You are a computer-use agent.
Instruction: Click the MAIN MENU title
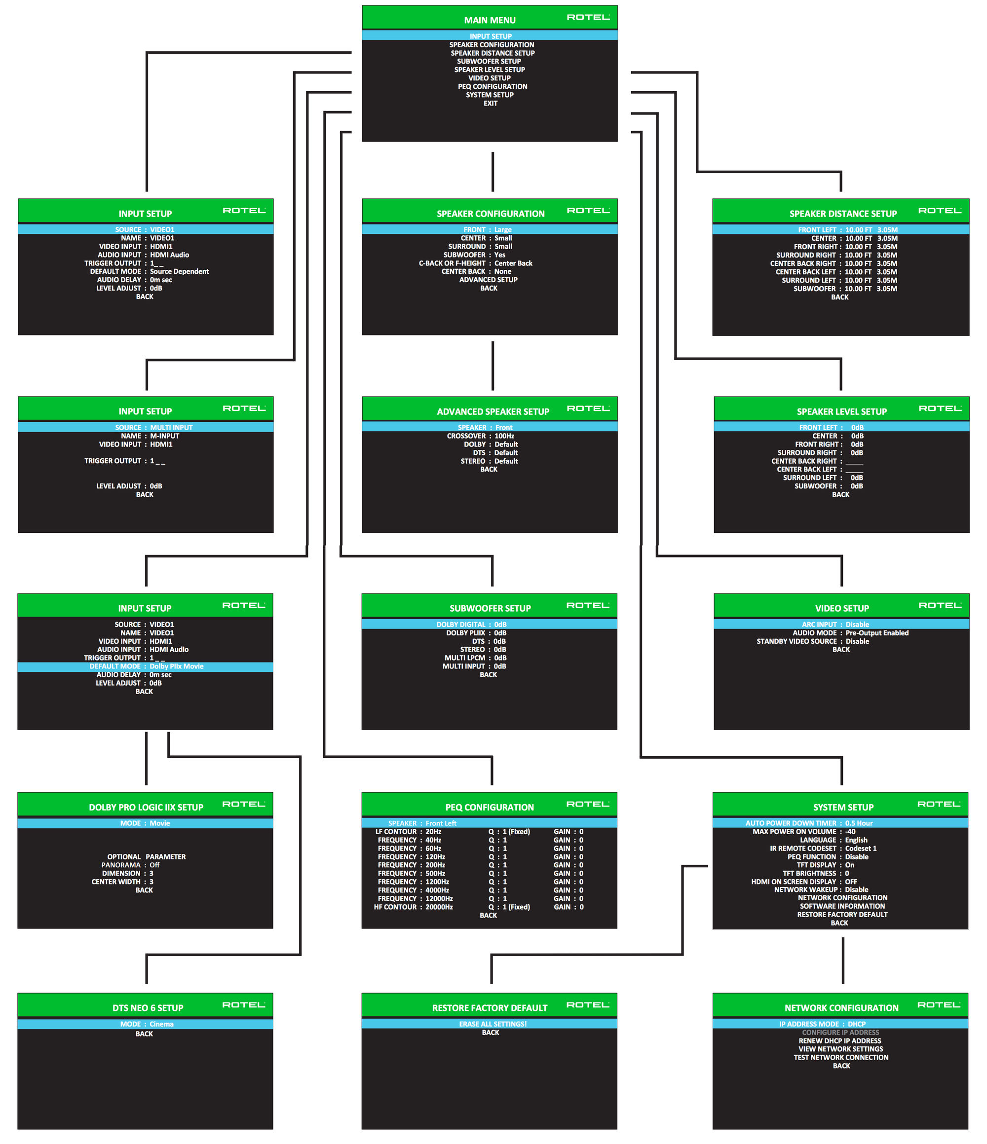coord(490,20)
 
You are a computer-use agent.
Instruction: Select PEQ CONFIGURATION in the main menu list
coord(492,87)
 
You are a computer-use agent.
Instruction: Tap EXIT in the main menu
coord(490,103)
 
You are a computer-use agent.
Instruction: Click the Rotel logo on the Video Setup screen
coord(940,605)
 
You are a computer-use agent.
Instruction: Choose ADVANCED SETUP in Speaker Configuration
coord(488,280)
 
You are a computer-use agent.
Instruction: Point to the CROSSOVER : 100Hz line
coord(481,436)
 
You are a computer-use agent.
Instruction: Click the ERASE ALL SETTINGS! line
coord(492,1024)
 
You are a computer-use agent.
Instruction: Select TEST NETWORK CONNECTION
coord(840,1057)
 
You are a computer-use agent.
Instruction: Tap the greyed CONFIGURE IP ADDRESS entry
coord(840,1033)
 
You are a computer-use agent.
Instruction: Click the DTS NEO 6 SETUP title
coord(148,1008)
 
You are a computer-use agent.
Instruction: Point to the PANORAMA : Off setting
coord(130,865)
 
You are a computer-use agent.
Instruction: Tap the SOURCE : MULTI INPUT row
coord(153,427)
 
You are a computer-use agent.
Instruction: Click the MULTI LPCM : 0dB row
coord(475,658)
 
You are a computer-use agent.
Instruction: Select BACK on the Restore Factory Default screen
coord(490,1033)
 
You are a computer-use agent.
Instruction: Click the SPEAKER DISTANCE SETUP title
coord(843,214)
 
